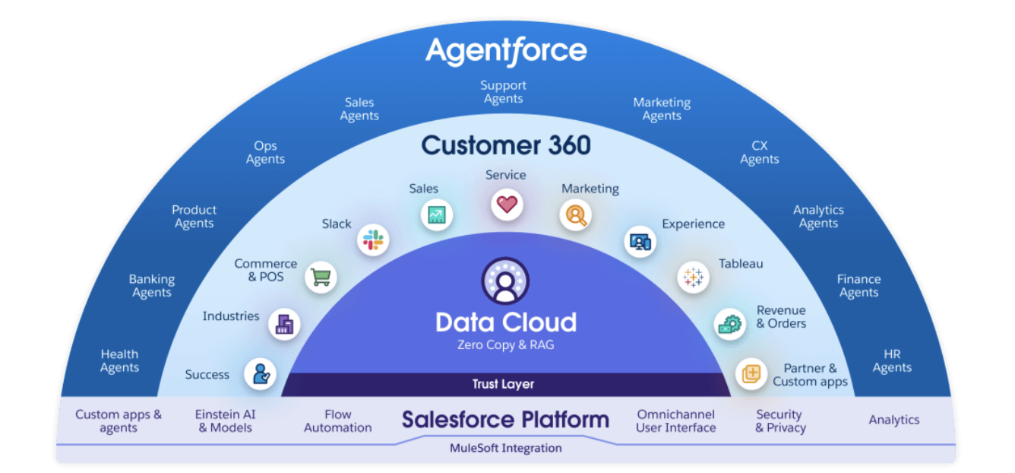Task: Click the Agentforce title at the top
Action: pyautogui.click(x=506, y=51)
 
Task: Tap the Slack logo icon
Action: pyautogui.click(x=373, y=240)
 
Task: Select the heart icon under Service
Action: pyautogui.click(x=507, y=204)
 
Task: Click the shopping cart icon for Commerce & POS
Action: pyautogui.click(x=321, y=277)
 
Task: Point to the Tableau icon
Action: pyautogui.click(x=693, y=277)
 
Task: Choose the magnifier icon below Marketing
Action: pyautogui.click(x=576, y=215)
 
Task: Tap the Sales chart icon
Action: pyautogui.click(x=437, y=215)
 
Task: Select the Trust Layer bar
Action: pyautogui.click(x=503, y=384)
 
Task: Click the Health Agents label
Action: pyautogui.click(x=120, y=360)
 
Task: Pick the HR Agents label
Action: pyautogui.click(x=892, y=360)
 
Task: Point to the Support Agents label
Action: pyautogui.click(x=503, y=92)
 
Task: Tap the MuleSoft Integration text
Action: pyautogui.click(x=505, y=448)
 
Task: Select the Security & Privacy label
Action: pyautogui.click(x=779, y=421)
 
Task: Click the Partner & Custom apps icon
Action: pyautogui.click(x=751, y=373)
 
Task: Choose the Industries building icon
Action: pyautogui.click(x=285, y=325)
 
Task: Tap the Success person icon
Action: pyautogui.click(x=261, y=373)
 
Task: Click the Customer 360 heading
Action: pyautogui.click(x=506, y=144)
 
